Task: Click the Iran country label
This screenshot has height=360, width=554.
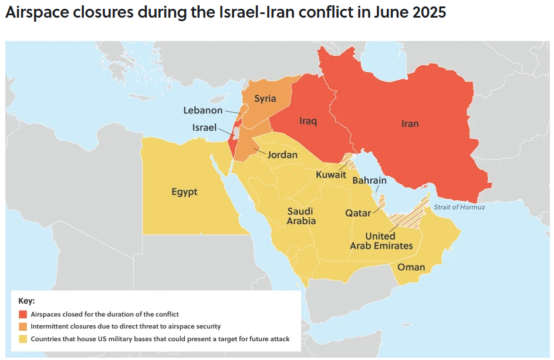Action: point(410,123)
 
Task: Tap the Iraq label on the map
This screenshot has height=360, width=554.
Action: point(308,121)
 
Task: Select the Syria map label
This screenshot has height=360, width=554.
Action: point(265,99)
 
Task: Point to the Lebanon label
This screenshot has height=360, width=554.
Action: point(203,110)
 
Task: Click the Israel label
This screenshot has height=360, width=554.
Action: point(204,127)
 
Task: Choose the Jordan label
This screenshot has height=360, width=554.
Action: point(282,155)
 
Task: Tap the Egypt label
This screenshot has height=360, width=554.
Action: point(184,191)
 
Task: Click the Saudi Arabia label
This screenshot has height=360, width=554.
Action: point(301,216)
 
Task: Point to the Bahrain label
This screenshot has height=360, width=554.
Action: point(369,180)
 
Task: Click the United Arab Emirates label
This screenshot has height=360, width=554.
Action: point(381,241)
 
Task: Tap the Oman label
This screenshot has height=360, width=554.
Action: point(411,267)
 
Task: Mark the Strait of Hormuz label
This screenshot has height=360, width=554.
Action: point(460,207)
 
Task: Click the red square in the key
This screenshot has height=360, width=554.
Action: point(23,314)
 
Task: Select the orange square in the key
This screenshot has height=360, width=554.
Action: point(23,327)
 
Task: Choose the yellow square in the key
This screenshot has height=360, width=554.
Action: point(23,339)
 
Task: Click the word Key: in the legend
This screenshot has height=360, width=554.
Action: point(26,301)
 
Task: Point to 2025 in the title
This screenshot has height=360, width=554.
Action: point(427,13)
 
